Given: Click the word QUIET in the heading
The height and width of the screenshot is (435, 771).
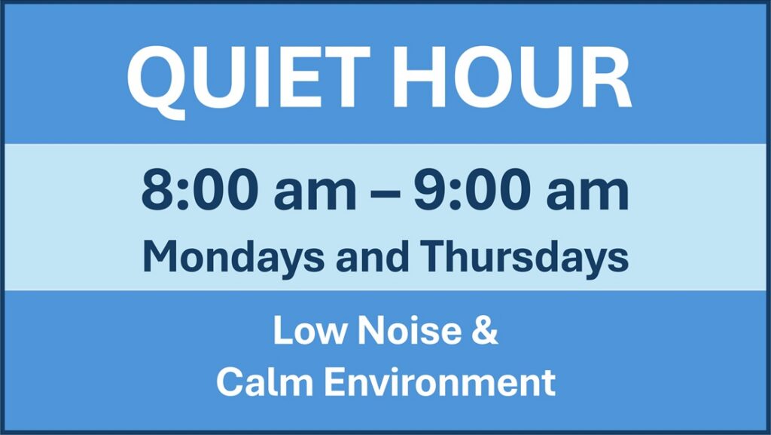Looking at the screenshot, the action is click(248, 78).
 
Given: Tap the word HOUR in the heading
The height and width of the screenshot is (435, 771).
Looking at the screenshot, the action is click(512, 77).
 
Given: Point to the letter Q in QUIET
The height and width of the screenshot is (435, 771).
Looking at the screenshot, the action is click(157, 82).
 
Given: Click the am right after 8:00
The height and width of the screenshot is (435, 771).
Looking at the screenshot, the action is click(315, 195).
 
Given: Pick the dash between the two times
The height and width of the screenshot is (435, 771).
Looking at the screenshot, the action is click(385, 194).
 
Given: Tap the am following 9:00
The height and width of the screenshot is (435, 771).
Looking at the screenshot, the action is click(587, 195).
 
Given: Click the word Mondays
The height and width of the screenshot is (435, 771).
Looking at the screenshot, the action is click(233, 257).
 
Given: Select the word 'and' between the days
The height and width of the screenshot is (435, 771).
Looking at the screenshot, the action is click(372, 256).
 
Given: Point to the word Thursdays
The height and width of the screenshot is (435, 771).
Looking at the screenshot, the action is click(524, 257).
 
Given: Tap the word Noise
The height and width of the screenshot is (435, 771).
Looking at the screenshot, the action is click(409, 329).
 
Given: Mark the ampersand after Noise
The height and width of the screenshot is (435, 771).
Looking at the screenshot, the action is click(485, 329).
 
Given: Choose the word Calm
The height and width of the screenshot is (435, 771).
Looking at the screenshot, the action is click(265, 382).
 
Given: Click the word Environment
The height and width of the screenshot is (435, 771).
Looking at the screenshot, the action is click(440, 382).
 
